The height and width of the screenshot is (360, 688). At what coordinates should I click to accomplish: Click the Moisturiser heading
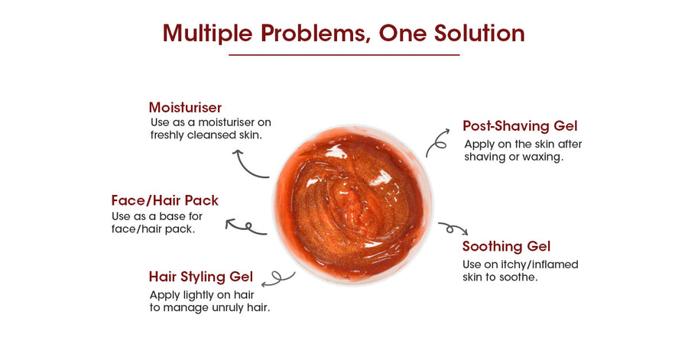pyautogui.click(x=185, y=108)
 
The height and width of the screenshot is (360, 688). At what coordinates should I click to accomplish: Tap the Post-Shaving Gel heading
pyautogui.click(x=520, y=126)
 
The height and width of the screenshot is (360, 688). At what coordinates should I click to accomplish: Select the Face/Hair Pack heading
pyautogui.click(x=165, y=200)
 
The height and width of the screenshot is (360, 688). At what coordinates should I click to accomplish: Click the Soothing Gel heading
pyautogui.click(x=506, y=246)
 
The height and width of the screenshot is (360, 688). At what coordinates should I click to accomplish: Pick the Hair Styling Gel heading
pyautogui.click(x=201, y=277)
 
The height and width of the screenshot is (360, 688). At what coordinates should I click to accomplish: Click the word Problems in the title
pyautogui.click(x=313, y=34)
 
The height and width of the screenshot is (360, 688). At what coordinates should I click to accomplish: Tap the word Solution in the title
pyautogui.click(x=479, y=33)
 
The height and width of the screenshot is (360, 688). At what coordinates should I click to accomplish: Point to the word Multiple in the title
pyautogui.click(x=207, y=34)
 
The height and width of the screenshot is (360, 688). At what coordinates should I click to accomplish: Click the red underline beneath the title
pyautogui.click(x=344, y=55)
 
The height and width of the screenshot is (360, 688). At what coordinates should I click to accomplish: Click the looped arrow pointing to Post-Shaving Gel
pyautogui.click(x=436, y=141)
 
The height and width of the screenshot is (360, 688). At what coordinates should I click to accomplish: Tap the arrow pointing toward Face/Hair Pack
pyautogui.click(x=245, y=228)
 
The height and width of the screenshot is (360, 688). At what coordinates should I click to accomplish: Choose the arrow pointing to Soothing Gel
pyautogui.click(x=453, y=228)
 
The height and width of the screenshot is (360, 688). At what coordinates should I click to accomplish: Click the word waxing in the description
pyautogui.click(x=542, y=157)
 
